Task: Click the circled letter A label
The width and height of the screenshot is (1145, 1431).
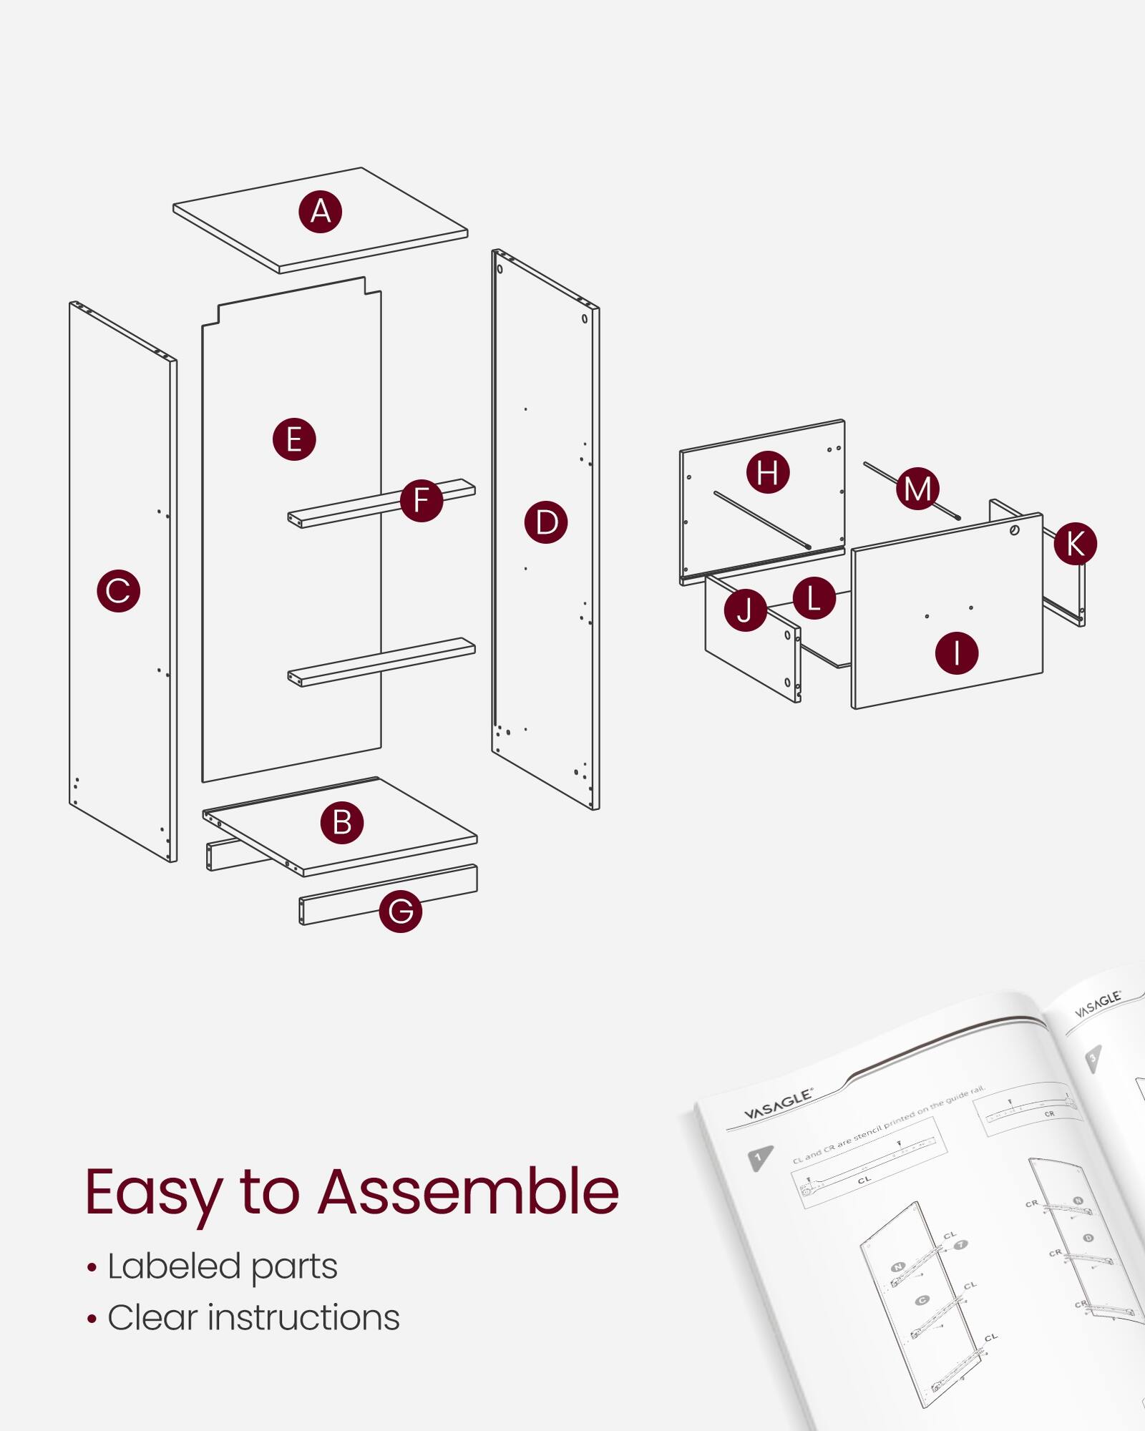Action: coord(320,212)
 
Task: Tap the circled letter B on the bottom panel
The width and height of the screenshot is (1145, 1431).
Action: coord(342,822)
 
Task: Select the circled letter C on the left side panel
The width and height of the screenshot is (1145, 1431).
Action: coord(118,590)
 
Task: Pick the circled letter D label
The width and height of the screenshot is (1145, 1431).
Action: coord(546,522)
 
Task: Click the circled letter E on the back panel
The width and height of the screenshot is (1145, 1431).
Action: coord(294,439)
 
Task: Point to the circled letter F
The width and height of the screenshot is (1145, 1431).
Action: coord(421,500)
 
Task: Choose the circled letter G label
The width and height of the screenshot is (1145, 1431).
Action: coord(400,911)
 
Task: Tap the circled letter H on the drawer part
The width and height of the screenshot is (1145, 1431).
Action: coord(767,472)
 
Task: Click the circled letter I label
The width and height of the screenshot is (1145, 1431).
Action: coord(956,653)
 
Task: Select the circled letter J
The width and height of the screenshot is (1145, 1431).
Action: coord(745,610)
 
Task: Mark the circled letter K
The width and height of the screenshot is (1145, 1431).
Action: coord(1075,543)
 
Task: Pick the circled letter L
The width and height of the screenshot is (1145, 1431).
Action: coord(814,598)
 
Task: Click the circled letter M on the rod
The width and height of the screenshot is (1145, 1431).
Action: coord(917,489)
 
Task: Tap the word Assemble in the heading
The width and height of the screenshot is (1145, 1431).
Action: coord(469,1192)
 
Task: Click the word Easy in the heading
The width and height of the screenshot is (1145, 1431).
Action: coord(154,1193)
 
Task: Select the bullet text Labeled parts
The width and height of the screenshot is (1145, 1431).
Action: coord(222,1266)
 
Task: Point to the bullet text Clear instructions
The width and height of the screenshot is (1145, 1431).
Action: coord(253,1318)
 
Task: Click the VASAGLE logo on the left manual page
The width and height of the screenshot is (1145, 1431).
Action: coord(778,1105)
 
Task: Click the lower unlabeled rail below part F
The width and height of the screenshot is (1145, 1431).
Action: coord(381,662)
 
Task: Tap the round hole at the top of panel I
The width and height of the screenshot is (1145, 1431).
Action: coord(1014,530)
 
